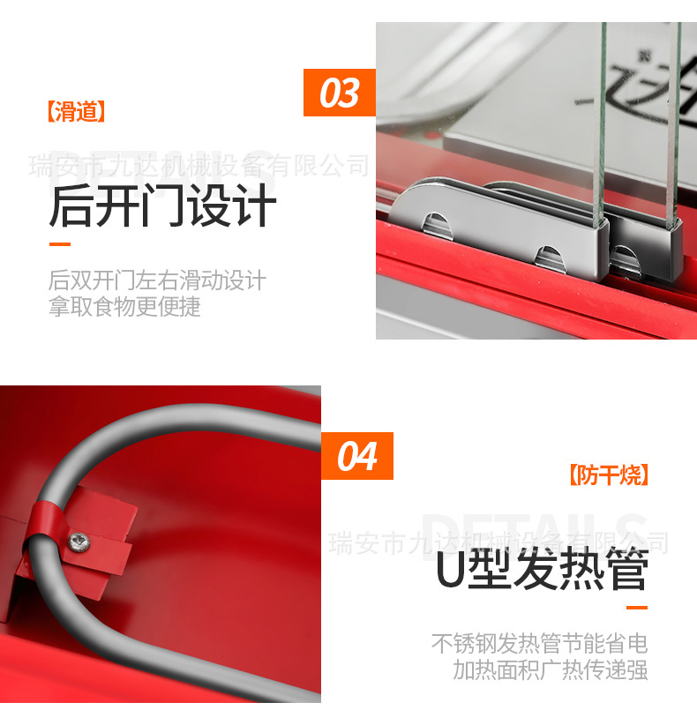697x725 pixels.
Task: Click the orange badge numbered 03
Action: tap(339, 93)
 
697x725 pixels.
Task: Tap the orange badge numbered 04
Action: tap(357, 456)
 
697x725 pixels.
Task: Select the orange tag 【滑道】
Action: tap(76, 111)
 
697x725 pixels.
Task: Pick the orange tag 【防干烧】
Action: tap(609, 475)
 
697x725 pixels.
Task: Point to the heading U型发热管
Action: tap(542, 568)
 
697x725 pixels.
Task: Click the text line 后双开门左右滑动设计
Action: tap(157, 280)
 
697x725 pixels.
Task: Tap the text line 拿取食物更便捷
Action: tap(125, 307)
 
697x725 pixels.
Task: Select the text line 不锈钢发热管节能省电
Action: tap(539, 643)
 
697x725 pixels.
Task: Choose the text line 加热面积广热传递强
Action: tap(551, 669)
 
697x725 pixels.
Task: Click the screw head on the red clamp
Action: tap(79, 542)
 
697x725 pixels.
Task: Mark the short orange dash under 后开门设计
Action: tap(60, 244)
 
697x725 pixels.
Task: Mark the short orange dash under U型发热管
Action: tap(637, 608)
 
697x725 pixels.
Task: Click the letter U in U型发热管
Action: tap(452, 569)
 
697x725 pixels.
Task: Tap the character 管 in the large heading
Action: tap(626, 568)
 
